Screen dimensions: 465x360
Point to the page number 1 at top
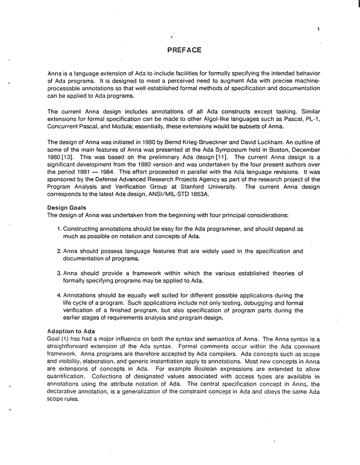[318, 29]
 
